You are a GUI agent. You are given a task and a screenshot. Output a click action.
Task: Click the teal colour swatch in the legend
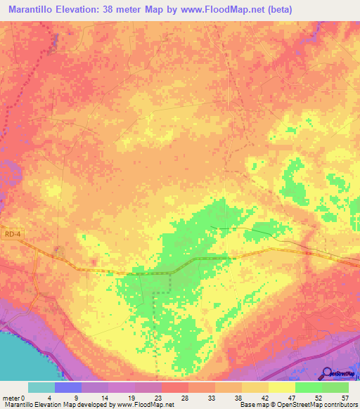(41, 387)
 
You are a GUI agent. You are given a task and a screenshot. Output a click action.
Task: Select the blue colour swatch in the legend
(68, 387)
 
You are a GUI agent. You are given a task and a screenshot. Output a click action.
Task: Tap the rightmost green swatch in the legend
(335, 387)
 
